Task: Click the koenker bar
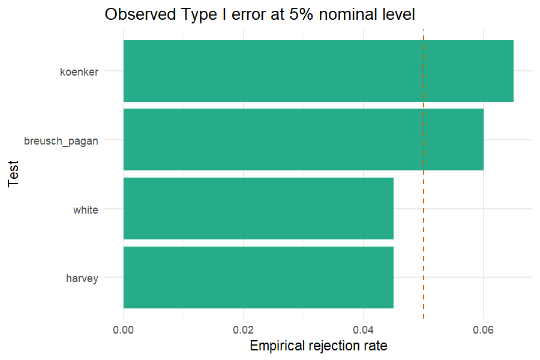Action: [x=319, y=71]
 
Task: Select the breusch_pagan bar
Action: [x=304, y=140]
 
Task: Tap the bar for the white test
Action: [x=259, y=208]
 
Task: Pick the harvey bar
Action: [x=259, y=277]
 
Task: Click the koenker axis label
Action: [x=79, y=72]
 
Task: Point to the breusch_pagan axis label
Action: [x=61, y=141]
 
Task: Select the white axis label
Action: [x=86, y=210]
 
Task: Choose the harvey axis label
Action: [x=82, y=278]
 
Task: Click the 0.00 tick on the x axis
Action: [x=123, y=330]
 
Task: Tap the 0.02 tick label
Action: [x=243, y=330]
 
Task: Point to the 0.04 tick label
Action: [x=364, y=330]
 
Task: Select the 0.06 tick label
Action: [x=483, y=330]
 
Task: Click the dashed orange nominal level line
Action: [x=424, y=175]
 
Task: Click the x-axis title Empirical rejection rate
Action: [x=319, y=346]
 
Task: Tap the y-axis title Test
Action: [x=13, y=174]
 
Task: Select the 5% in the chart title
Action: [x=301, y=14]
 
